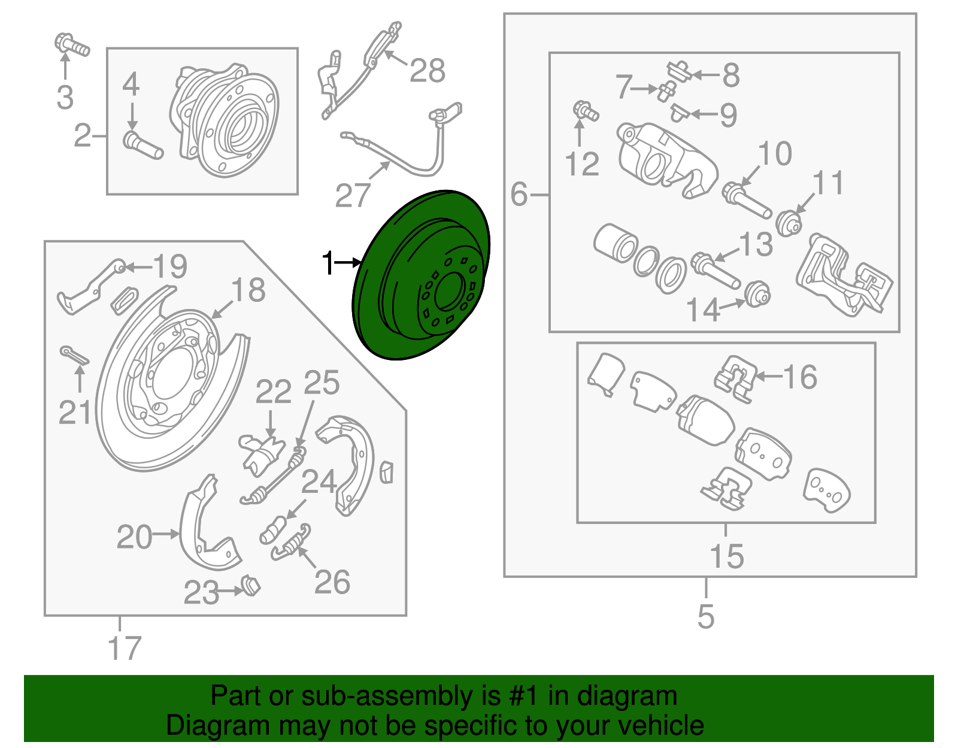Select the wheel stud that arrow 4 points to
143,146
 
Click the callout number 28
428,71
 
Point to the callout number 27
352,196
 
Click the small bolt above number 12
584,111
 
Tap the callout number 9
727,115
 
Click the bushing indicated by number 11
789,224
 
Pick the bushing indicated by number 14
757,293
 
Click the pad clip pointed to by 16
735,378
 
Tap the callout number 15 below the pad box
726,556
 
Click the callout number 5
706,616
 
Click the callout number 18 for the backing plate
248,290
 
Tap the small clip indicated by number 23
251,585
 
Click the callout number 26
332,582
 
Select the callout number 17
124,649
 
